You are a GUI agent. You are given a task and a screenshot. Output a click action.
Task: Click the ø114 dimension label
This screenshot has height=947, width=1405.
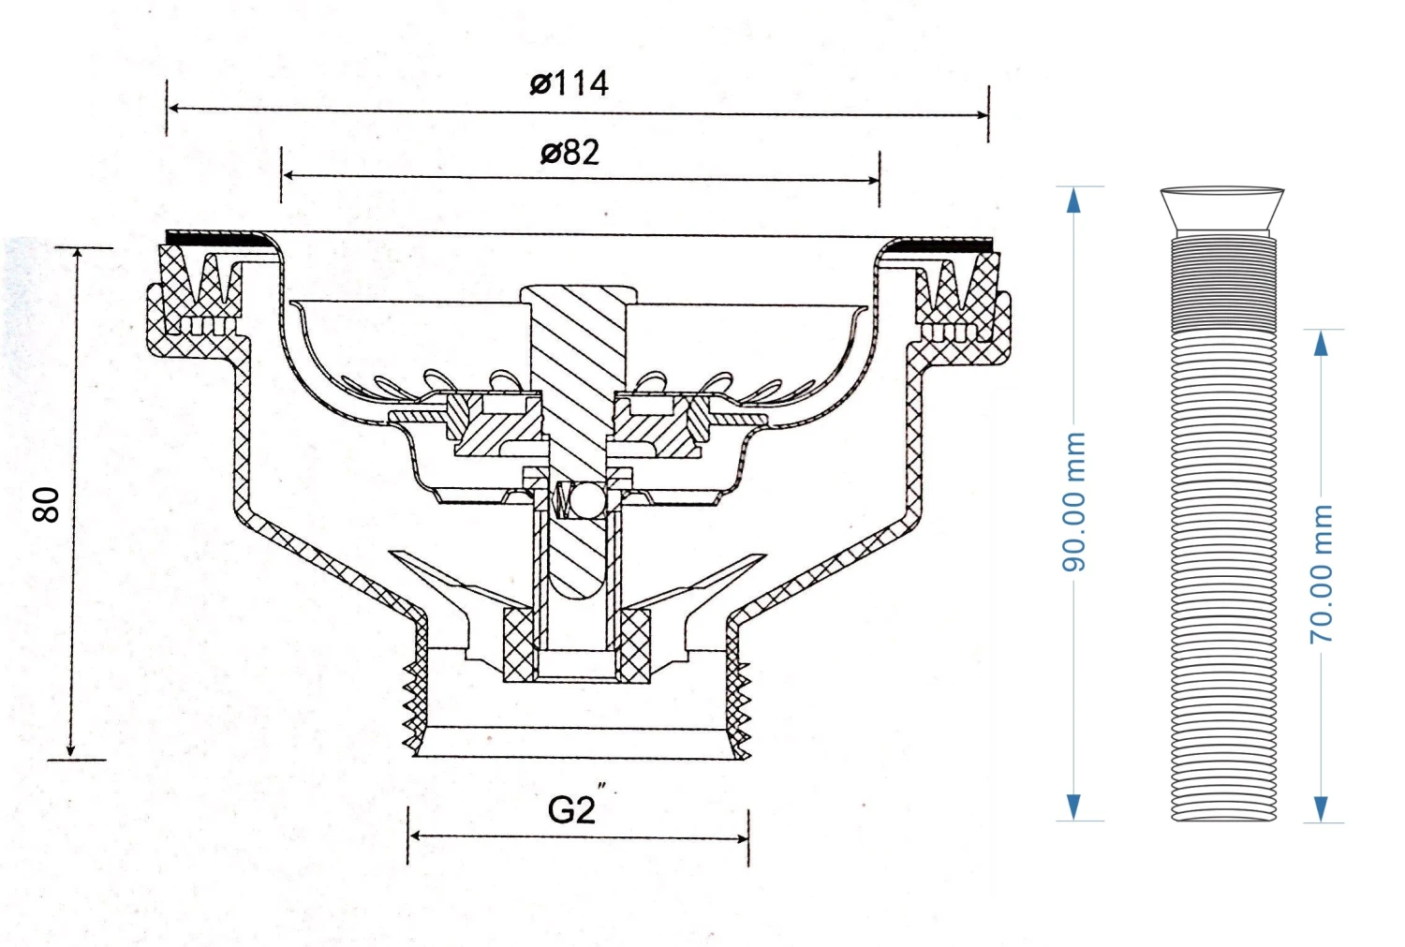coord(569,83)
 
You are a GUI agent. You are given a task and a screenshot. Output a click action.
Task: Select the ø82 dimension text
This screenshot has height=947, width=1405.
coord(569,152)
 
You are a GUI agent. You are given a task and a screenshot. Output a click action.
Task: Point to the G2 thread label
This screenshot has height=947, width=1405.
coord(570,809)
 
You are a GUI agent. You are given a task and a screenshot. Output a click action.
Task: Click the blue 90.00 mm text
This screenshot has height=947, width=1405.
coord(1073,502)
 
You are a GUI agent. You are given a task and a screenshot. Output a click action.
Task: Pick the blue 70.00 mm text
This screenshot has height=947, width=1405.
coord(1321,573)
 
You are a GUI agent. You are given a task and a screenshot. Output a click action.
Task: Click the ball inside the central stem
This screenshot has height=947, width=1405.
coord(587,498)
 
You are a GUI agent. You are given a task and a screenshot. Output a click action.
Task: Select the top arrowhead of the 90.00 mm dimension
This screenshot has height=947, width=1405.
coord(1073,199)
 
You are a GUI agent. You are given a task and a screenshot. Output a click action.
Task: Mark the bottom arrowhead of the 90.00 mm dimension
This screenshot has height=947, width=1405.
coord(1073,807)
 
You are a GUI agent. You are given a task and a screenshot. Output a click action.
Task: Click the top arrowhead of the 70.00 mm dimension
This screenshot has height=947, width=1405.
coord(1321,344)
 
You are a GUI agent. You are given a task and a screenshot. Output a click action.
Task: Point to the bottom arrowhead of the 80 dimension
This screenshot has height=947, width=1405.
coord(71,749)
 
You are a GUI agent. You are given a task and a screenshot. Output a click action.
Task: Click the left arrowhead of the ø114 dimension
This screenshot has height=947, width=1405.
coord(175,109)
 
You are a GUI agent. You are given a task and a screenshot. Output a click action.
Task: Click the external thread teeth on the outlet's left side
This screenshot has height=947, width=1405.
coord(412,703)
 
